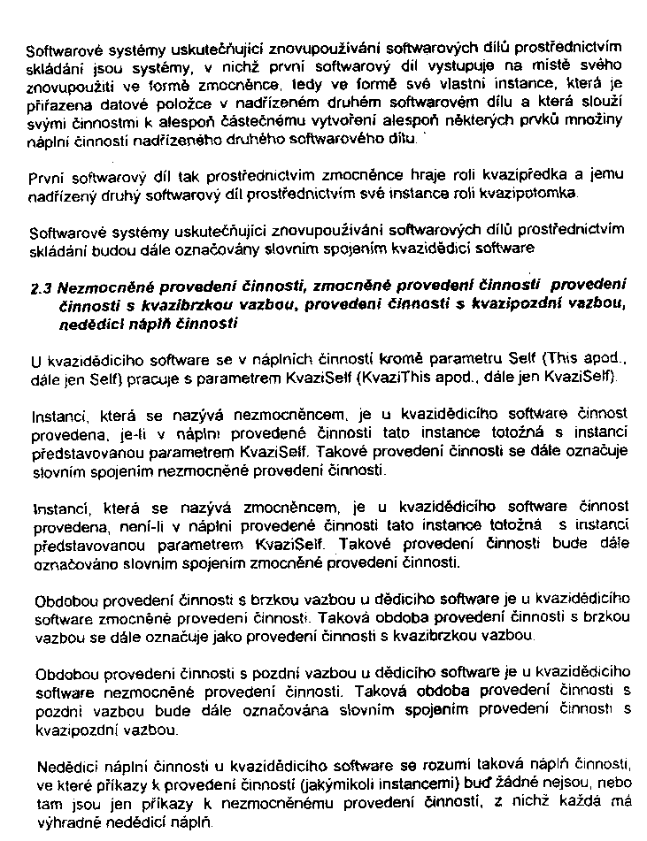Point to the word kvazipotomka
534,192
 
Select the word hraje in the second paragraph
443,175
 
